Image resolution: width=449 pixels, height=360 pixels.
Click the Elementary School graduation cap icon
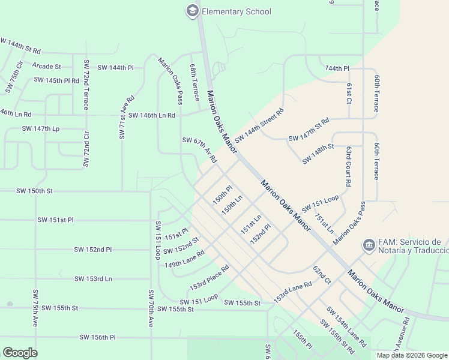(x=192, y=11)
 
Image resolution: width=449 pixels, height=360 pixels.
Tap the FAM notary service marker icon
(x=368, y=245)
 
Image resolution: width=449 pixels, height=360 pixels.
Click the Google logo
(x=20, y=353)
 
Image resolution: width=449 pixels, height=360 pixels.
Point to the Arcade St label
(x=47, y=66)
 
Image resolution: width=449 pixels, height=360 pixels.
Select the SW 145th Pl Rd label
(x=56, y=80)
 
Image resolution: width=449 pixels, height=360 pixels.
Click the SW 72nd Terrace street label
(x=86, y=85)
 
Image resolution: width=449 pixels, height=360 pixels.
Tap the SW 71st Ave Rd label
(x=126, y=117)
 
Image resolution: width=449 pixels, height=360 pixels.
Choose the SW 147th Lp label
(x=41, y=128)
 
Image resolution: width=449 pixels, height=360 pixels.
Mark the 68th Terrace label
(x=194, y=83)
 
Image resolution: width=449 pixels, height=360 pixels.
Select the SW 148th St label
(x=318, y=154)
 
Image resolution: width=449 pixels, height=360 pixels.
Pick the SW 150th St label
(x=34, y=191)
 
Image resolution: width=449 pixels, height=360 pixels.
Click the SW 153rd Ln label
(x=93, y=278)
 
